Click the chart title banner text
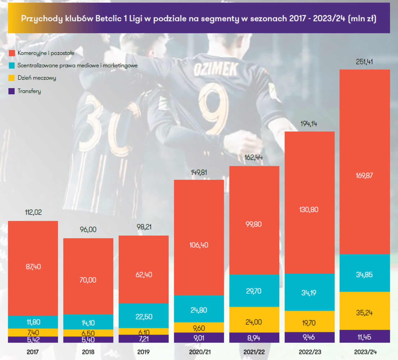199,19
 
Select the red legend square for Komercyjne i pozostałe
12,53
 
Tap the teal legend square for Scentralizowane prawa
12,66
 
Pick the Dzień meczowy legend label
37,78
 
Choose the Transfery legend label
29,91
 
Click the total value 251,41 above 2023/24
364,62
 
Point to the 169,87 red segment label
364,175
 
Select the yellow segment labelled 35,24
364,312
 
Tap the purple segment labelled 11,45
364,337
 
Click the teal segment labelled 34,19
309,292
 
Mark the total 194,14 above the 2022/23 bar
309,124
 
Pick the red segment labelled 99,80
254,224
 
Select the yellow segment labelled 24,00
254,322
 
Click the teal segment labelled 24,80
199,310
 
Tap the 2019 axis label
143,352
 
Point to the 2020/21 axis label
200,352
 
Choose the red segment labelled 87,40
33,267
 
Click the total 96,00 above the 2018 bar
88,230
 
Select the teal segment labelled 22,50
144,317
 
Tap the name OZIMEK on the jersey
216,69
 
